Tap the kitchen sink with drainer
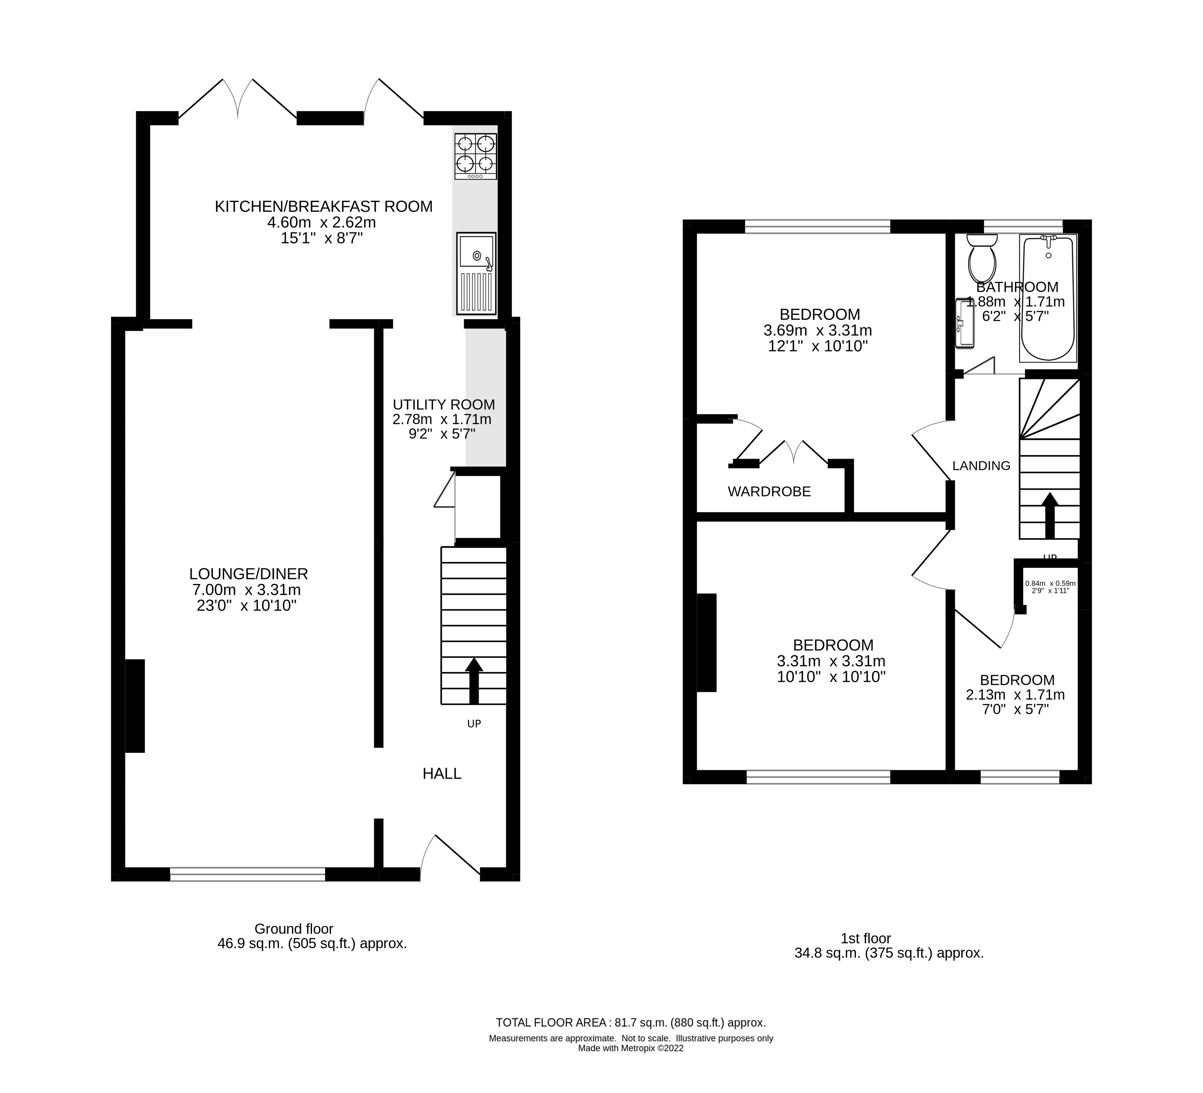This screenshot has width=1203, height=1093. tap(476, 273)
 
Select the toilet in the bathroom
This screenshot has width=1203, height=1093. tap(982, 258)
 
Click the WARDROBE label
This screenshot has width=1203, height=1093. tap(769, 492)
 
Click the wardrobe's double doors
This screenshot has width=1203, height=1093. tap(793, 452)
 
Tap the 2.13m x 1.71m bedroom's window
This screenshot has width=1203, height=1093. tap(1020, 777)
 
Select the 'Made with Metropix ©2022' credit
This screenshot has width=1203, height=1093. tap(631, 1048)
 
